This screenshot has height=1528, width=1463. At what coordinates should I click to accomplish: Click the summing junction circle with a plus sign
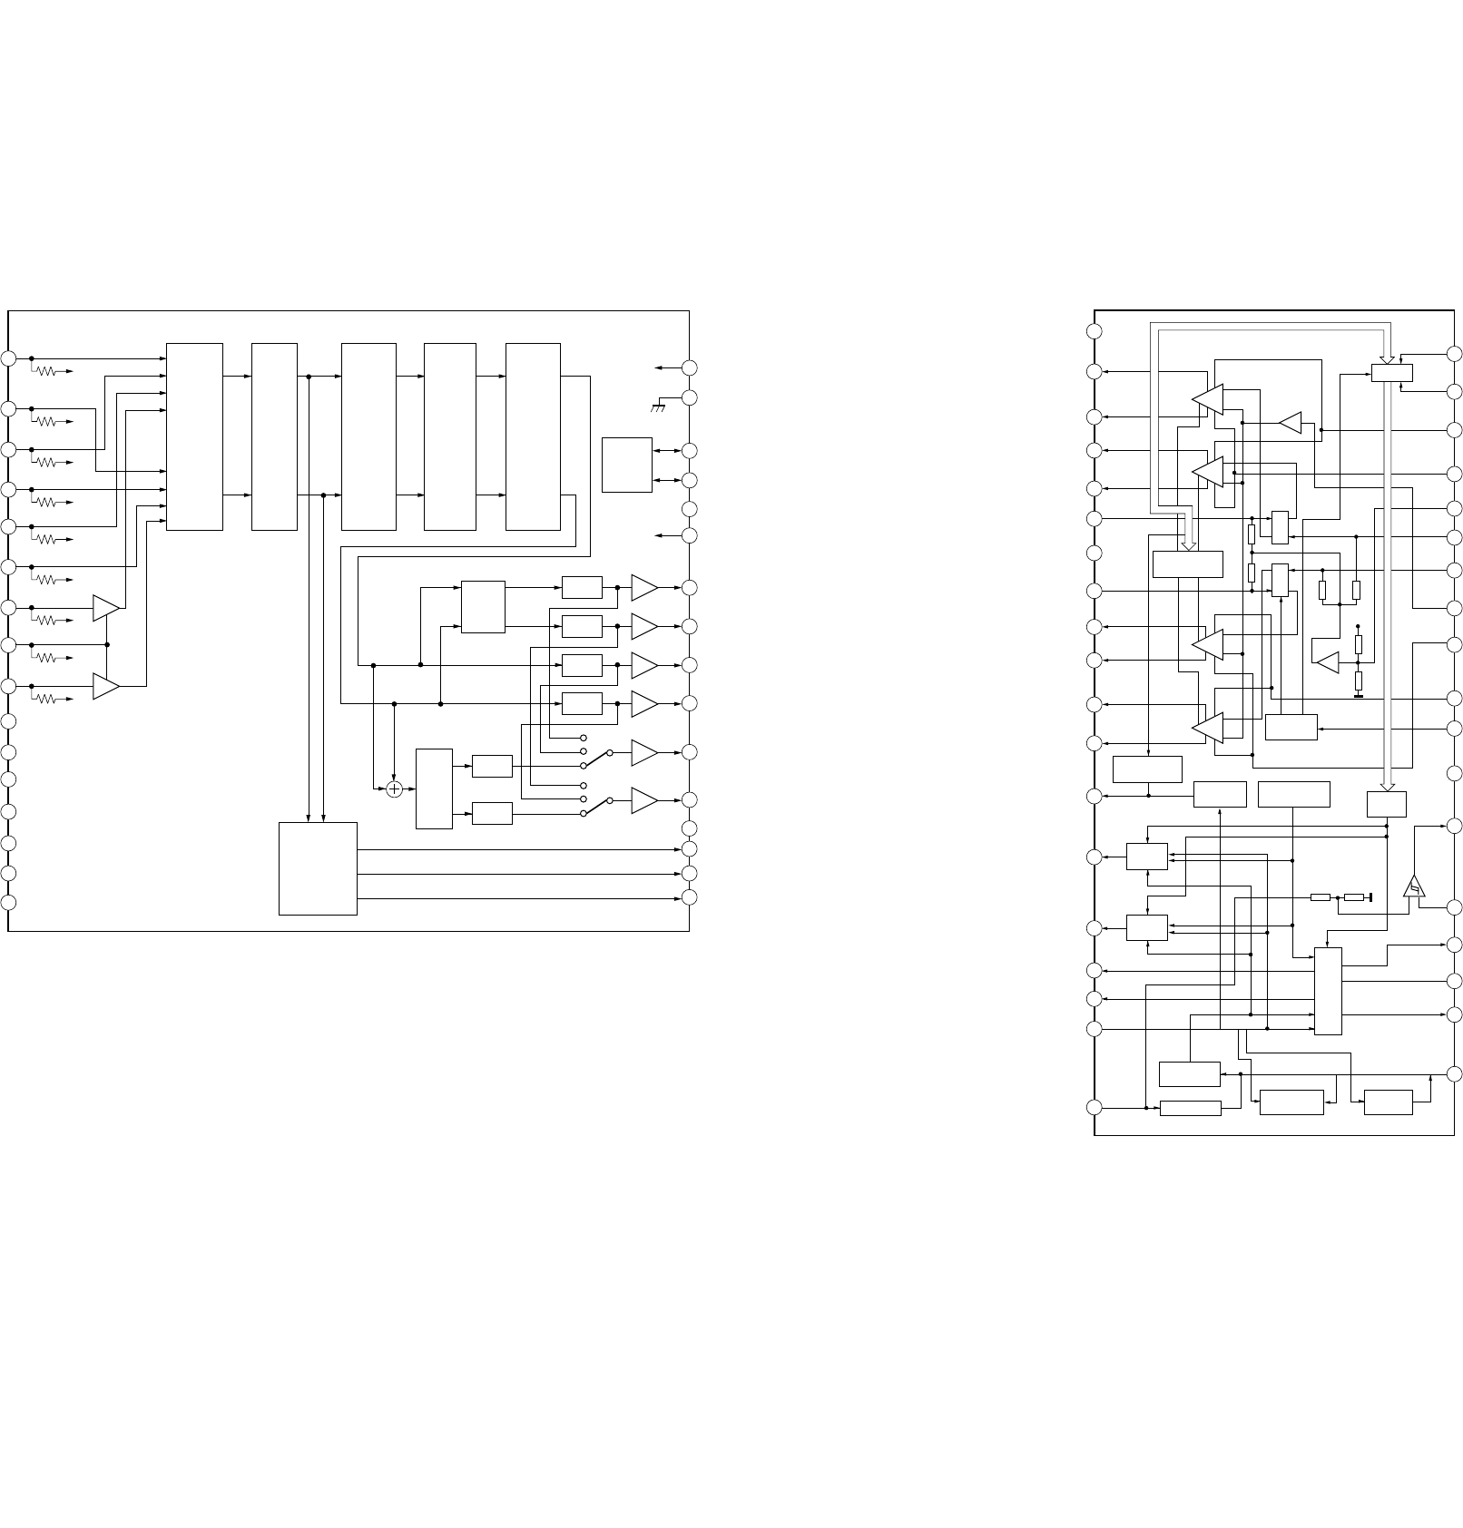coord(394,789)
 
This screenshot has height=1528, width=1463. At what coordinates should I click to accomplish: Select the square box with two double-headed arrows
coord(626,465)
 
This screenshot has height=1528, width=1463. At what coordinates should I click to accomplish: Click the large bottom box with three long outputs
coord(318,868)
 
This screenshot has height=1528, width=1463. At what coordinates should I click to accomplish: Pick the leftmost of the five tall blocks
coord(194,436)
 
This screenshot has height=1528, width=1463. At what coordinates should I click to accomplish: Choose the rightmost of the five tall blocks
coord(533,436)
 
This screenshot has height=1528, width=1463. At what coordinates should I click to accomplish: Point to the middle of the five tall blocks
coord(368,436)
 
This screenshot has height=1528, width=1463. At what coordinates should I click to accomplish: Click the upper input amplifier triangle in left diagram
coord(105,608)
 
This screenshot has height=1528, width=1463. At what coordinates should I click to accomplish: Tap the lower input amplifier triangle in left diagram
coord(105,687)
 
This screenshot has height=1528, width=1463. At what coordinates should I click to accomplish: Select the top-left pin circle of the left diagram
coord(8,359)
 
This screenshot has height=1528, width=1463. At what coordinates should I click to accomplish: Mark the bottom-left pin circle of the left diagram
coord(8,903)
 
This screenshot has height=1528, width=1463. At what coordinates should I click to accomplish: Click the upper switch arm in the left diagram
coord(596,758)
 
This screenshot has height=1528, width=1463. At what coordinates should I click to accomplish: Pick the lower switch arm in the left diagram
coord(596,806)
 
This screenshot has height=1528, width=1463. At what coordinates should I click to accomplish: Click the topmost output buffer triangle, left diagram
coord(643,587)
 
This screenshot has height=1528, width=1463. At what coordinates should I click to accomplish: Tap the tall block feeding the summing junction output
coord(434,788)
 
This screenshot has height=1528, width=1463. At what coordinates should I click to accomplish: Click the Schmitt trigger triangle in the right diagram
coord(1414,886)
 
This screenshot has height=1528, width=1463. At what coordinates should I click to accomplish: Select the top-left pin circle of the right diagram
coord(1095,331)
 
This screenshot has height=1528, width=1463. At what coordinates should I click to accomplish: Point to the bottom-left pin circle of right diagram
coord(1095,1107)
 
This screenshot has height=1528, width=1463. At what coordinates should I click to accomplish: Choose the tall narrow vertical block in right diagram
coord(1328,991)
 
